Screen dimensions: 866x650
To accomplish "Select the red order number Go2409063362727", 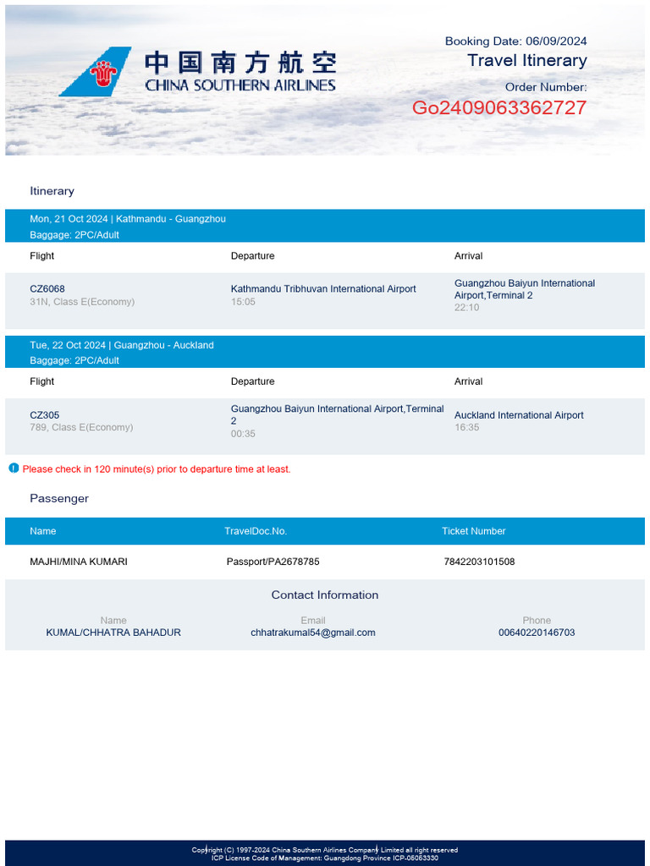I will coord(499,108).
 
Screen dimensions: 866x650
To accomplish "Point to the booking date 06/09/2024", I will coord(556,41).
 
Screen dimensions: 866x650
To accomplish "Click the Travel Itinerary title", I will coord(526,61).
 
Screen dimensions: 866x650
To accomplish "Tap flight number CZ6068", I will coord(47,288).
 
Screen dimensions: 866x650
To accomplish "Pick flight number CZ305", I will coord(45,415).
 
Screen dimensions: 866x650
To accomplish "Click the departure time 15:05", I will coord(243,302).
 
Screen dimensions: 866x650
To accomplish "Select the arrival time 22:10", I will coord(466,308).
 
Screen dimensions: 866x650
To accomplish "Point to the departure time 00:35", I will coord(243,434).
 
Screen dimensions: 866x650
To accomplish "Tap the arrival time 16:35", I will coord(466,428).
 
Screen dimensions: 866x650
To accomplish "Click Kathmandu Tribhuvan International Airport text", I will coord(323,289).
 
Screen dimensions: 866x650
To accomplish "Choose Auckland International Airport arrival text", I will coord(519,415).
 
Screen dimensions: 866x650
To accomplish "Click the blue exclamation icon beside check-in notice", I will coord(14,468).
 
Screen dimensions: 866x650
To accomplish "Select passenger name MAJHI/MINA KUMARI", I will coord(79,562).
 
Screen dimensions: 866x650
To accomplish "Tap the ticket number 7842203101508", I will coord(479,562).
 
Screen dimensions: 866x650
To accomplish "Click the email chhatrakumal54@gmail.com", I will coord(313,633).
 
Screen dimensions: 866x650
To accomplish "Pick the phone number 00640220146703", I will coord(537,633).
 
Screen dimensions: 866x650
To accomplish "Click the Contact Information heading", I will coord(325,595).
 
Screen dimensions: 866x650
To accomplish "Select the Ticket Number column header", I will coord(473,531).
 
